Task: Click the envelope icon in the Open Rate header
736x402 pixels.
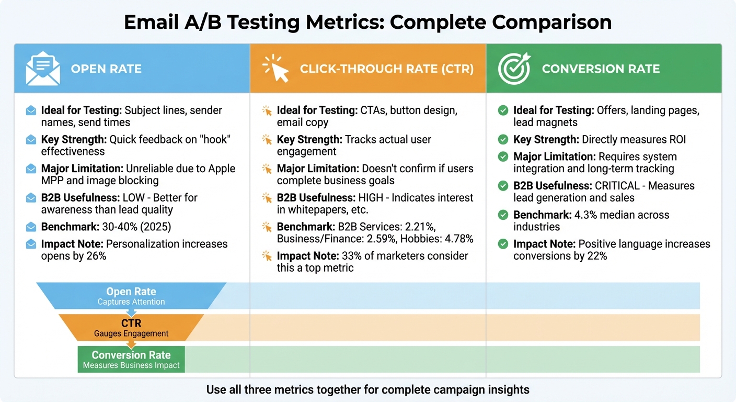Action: (43, 69)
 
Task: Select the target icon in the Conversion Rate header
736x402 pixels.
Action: (514, 69)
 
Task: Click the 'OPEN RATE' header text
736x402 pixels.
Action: (106, 69)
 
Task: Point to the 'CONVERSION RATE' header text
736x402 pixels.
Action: (601, 69)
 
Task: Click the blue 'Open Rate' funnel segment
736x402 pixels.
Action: (131, 296)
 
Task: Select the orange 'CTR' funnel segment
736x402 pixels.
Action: (131, 328)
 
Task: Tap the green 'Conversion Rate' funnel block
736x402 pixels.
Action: (131, 359)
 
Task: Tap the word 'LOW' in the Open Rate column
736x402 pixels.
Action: (133, 198)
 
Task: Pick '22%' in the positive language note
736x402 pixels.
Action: (596, 256)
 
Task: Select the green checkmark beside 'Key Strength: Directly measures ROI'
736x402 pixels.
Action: (503, 140)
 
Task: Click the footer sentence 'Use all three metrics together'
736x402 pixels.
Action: (367, 389)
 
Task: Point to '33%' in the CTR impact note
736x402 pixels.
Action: (351, 256)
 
